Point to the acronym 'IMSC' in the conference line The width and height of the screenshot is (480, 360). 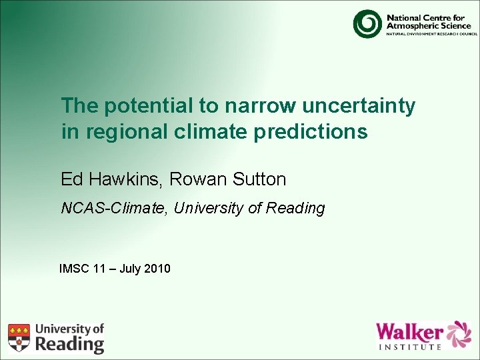[x=74, y=269]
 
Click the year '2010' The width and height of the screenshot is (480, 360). [x=157, y=269]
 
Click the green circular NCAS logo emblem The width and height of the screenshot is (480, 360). [x=367, y=23]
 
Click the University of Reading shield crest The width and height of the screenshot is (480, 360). [x=19, y=337]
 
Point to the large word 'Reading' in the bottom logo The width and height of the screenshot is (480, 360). [x=69, y=343]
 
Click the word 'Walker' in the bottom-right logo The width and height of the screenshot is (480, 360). [x=409, y=331]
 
